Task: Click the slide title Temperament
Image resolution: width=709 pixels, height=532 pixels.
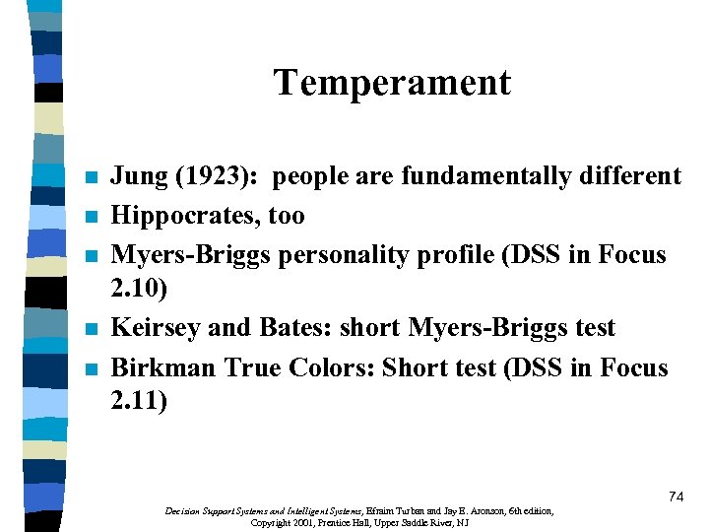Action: [x=392, y=83]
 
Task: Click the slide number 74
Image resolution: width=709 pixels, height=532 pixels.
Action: [x=676, y=498]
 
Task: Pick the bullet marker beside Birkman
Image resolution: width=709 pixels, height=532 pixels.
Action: [x=92, y=370]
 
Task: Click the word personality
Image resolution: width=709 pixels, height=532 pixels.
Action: [x=319, y=255]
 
